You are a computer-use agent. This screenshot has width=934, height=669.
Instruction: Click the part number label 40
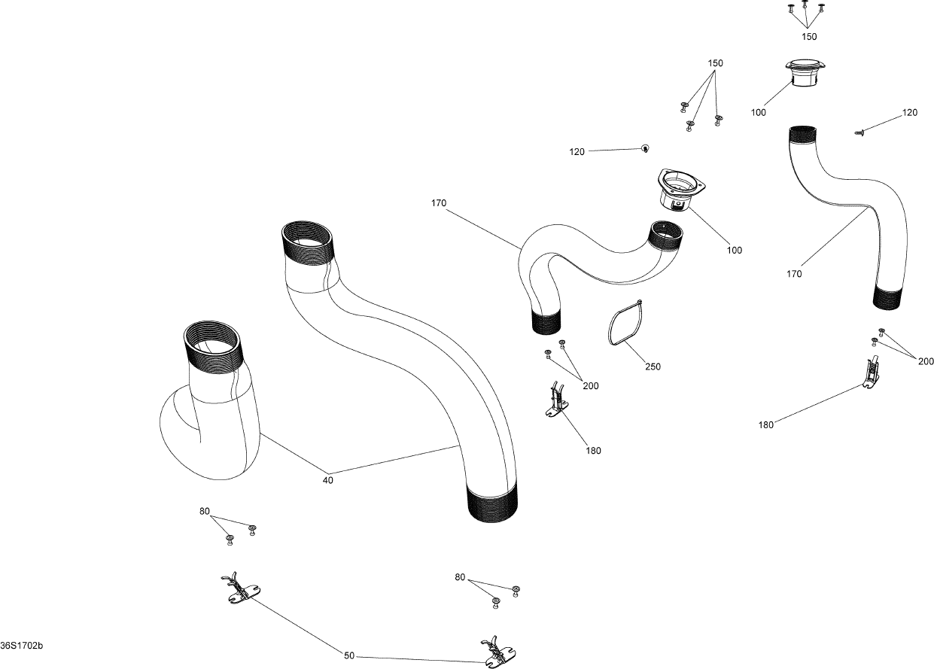tap(328, 479)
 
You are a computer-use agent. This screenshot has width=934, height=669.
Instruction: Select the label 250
tap(653, 366)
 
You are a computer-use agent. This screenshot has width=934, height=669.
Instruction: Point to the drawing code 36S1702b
tap(23, 646)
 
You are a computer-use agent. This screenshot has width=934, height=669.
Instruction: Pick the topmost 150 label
tap(809, 36)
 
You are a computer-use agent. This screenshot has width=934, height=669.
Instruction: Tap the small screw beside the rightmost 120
tap(861, 132)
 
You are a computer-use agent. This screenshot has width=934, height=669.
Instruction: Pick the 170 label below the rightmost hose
tap(794, 274)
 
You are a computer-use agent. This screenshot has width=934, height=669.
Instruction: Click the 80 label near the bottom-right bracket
tap(461, 577)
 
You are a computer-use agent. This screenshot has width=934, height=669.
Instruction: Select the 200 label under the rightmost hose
tap(926, 361)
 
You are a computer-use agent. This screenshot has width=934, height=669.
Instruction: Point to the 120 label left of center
tap(577, 152)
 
